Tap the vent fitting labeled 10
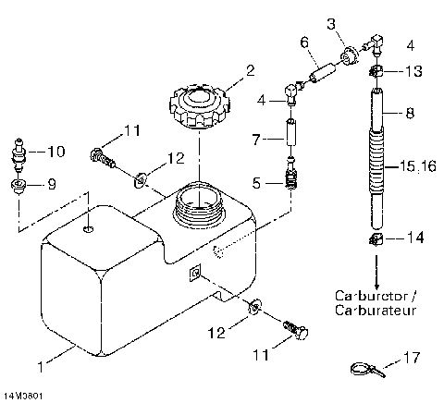tap(18, 150)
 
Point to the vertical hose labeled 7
tap(292, 139)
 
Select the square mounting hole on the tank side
tap(193, 271)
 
